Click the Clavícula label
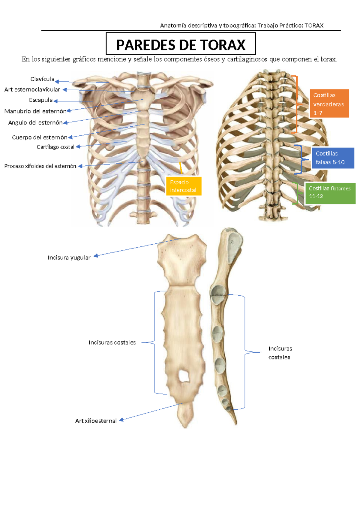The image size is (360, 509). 42,79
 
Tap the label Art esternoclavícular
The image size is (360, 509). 32,89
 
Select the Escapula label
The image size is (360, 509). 41,100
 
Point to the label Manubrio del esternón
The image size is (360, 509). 35,111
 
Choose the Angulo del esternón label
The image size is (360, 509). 35,123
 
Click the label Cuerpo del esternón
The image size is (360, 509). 40,137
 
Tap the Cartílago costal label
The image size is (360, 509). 55,147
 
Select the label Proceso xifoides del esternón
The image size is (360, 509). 40,166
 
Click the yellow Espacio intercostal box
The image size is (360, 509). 184,186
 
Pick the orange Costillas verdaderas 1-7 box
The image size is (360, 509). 329,103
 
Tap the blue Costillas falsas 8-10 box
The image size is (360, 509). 333,158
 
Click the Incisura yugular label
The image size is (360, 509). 69,258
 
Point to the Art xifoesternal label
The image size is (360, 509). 96,421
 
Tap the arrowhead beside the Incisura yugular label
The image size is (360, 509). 96,256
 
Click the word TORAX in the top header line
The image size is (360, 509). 314,26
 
